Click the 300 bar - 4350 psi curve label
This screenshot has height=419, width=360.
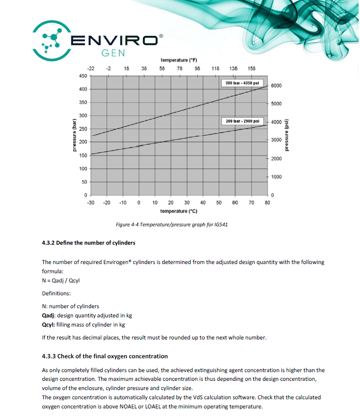242,83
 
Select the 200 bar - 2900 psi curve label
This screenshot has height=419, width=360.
242,121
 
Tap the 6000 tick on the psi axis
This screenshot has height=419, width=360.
276,86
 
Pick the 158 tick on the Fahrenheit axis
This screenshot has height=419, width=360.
251,69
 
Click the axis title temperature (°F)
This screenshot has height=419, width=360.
178,60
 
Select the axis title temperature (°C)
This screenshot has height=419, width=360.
178,211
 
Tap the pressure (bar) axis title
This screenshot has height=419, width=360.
73,135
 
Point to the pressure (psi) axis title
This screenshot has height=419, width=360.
287,135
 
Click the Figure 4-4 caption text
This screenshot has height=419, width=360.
172,225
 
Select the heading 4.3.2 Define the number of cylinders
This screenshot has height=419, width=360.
88,242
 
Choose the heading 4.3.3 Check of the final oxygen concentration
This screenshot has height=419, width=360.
104,356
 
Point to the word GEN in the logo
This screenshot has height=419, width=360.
113,53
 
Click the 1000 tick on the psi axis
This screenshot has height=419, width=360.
276,177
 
